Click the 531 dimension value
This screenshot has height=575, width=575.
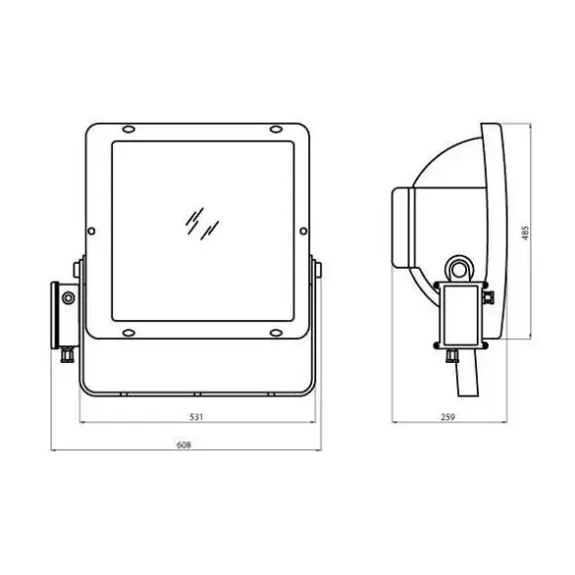click(196, 417)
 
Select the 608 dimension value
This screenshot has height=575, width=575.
click(183, 445)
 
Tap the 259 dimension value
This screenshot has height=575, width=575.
click(448, 417)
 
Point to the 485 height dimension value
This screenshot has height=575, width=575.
click(525, 233)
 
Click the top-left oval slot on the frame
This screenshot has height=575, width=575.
click(129, 129)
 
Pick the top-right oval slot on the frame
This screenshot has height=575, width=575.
click(276, 129)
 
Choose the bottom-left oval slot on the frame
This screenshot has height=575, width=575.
click(129, 333)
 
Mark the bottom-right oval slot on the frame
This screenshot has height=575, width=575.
click(276, 333)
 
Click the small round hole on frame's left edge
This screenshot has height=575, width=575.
click(91, 231)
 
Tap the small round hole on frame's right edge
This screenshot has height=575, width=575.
click(303, 231)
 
